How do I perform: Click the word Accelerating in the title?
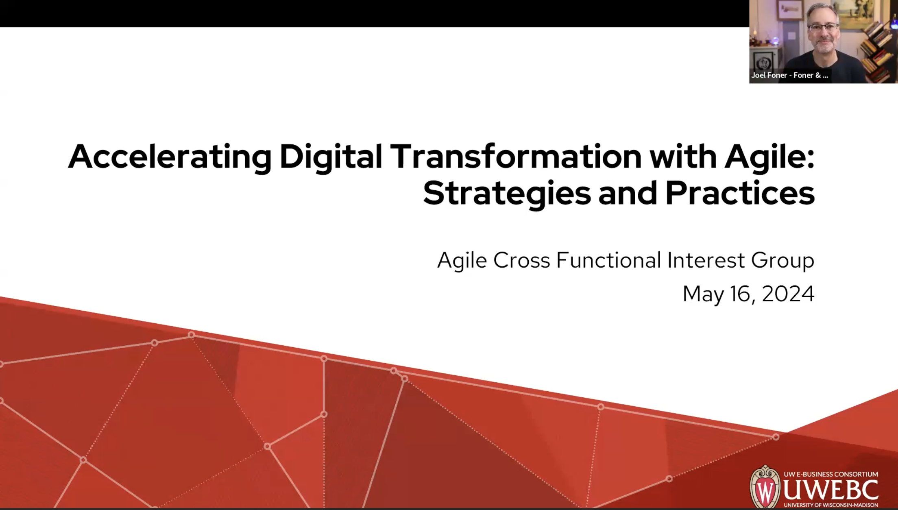coord(170,157)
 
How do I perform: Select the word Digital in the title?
coord(331,157)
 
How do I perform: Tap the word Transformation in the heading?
coord(516,157)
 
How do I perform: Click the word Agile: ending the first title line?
coord(769,157)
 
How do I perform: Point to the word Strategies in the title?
coord(507,193)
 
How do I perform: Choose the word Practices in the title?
coord(740,193)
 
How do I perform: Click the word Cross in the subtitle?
coord(521,260)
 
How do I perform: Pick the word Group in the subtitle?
coord(782,260)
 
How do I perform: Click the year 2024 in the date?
coord(788,294)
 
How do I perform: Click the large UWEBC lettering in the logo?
coord(830,490)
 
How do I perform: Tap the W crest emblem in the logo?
coord(765,488)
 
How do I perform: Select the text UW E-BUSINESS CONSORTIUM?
coord(830,474)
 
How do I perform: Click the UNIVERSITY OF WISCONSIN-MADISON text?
coord(830,505)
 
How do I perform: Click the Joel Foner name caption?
coord(789,75)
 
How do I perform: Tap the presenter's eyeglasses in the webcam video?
coord(823,28)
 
